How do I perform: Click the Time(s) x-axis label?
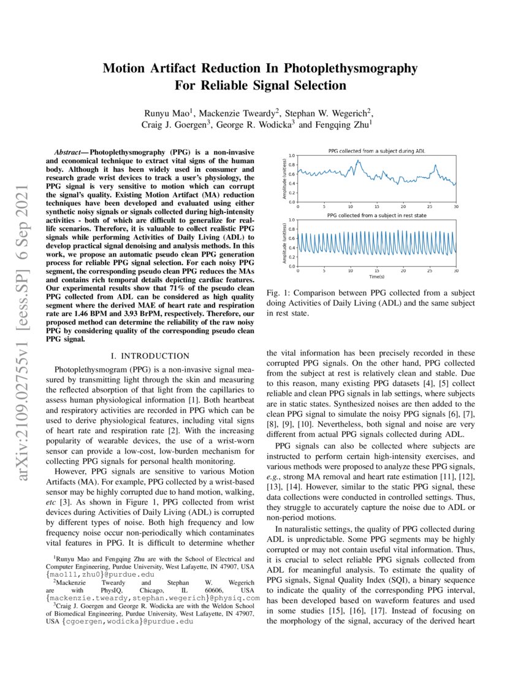pyautogui.click(x=367, y=278)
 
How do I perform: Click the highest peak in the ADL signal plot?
pyautogui.click(x=357, y=161)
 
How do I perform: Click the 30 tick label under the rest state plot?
pyautogui.click(x=455, y=271)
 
